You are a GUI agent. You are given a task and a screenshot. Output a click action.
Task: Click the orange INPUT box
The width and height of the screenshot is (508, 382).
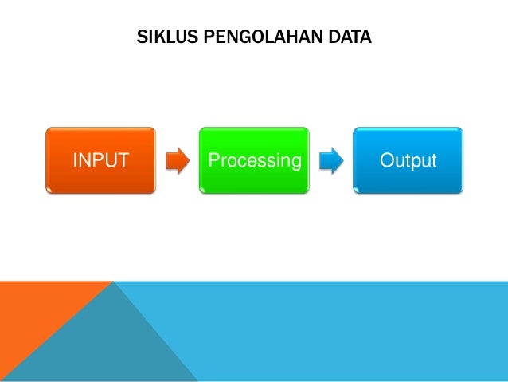coord(100,160)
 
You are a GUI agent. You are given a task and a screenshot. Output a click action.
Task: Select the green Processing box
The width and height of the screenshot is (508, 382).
coord(254,160)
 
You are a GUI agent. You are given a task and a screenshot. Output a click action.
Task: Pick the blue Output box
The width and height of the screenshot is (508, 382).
coord(408,160)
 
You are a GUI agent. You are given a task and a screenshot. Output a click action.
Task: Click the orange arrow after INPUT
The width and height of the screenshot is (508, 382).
coord(178,161)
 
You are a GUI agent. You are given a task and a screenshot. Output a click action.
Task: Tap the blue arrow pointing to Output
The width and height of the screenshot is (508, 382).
coord(330,161)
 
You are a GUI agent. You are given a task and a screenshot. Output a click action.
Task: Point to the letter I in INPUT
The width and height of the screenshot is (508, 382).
coord(76,161)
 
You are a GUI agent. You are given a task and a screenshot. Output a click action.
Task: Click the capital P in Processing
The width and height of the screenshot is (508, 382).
coord(213,161)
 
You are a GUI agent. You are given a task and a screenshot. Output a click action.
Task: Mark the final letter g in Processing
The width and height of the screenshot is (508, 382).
coord(295,163)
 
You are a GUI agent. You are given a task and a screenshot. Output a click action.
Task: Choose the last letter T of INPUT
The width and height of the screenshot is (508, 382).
coord(123,161)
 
